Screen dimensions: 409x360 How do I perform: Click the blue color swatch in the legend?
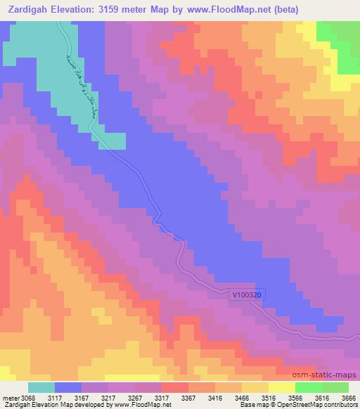pyautogui.click(x=68, y=387)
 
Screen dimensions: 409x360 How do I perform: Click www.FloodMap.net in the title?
pyautogui.click(x=219, y=9)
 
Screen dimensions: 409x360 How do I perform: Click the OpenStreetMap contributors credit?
pyautogui.click(x=319, y=405)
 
